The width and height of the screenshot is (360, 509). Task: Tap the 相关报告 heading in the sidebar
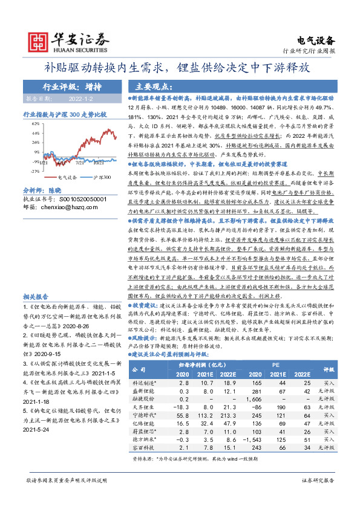click(36, 297)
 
